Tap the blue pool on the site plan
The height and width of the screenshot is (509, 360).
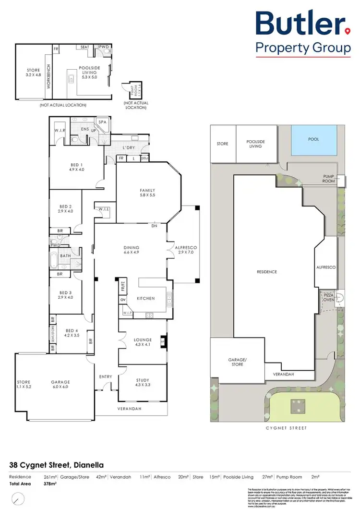click(314, 139)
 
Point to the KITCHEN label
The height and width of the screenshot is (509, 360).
click(146, 298)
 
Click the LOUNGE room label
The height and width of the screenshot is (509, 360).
click(143, 342)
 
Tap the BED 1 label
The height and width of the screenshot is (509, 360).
click(77, 167)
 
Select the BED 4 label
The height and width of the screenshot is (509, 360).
click(72, 333)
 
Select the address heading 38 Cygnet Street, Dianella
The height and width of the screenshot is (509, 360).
click(56, 465)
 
